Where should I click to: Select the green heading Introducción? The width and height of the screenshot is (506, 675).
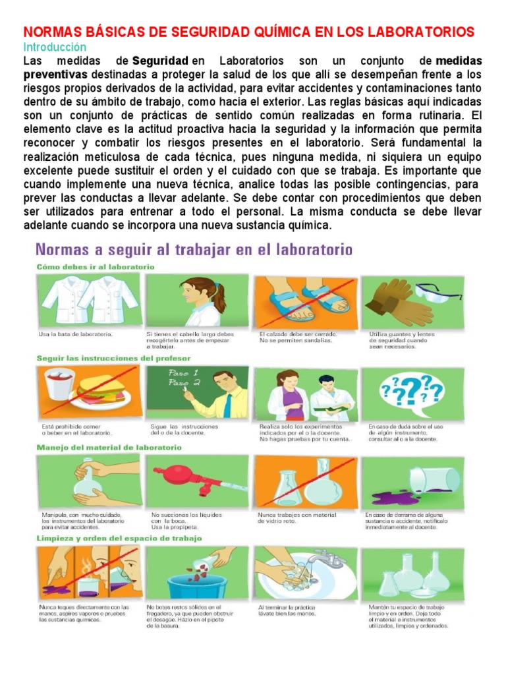[55, 47]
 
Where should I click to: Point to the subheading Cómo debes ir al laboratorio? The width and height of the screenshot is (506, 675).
[95, 267]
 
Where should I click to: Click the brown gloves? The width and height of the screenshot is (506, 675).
[388, 300]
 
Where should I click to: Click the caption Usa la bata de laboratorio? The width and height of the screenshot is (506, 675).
[75, 334]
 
